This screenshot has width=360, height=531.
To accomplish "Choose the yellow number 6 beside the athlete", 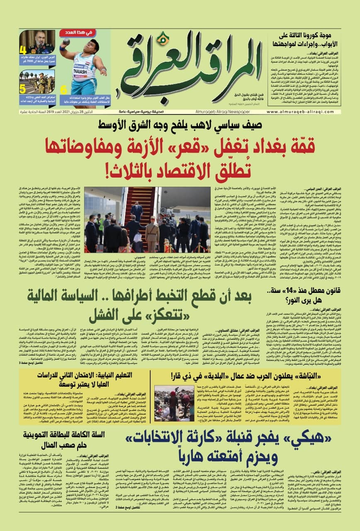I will pyautogui.click(x=63, y=89).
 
